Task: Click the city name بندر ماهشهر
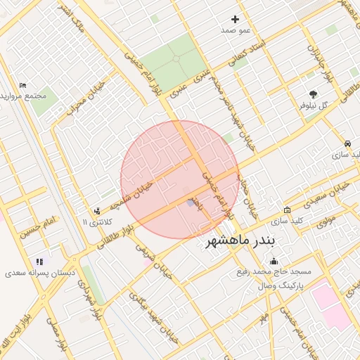(x=240, y=242)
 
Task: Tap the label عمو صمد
(x=236, y=31)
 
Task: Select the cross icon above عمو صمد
(x=235, y=19)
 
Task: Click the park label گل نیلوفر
(x=314, y=105)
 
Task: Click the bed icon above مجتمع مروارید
(x=22, y=85)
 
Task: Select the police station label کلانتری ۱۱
(x=96, y=222)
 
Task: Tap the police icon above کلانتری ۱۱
(x=96, y=210)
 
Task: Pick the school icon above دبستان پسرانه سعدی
(x=39, y=261)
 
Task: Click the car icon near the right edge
(x=347, y=143)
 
